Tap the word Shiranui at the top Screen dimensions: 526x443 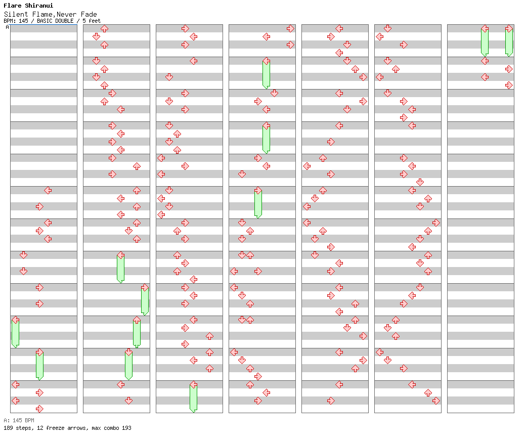39,6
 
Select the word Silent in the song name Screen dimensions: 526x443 16,14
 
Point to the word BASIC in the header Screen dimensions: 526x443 55,21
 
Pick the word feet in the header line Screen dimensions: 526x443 95,21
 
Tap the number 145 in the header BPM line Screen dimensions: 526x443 23,21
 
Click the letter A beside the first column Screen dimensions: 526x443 8,27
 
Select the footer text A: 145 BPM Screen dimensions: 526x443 19,420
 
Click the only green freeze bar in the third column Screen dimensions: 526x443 193,398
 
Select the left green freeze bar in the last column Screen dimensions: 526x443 485,42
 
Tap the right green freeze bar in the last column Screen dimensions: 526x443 509,42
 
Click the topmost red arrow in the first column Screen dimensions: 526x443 48,191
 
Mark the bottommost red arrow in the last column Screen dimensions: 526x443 509,85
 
